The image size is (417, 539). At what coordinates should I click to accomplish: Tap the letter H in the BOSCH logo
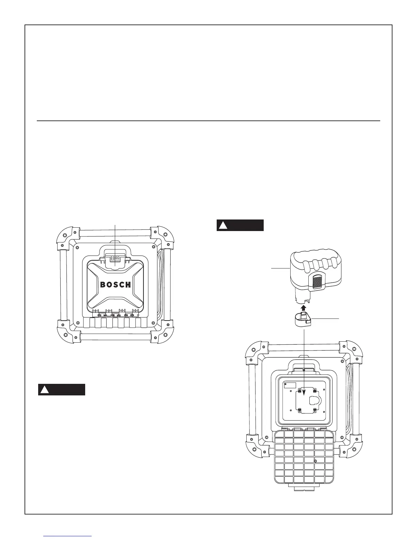pyautogui.click(x=128, y=285)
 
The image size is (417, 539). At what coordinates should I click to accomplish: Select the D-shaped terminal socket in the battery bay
pyautogui.click(x=314, y=402)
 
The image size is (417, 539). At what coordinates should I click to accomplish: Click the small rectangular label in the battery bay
pyautogui.click(x=290, y=385)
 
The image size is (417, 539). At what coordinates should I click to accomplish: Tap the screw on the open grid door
pyautogui.click(x=315, y=461)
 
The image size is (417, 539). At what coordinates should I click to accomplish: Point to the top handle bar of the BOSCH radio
pyautogui.click(x=115, y=233)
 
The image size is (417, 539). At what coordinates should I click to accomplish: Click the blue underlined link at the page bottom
pyautogui.click(x=68, y=536)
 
